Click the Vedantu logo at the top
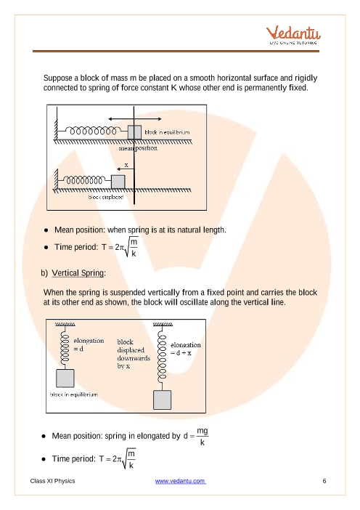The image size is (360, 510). (293, 35)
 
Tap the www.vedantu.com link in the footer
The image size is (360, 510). (180, 481)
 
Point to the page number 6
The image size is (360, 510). (324, 481)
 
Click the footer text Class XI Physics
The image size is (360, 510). (53, 481)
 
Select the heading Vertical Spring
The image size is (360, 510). (78, 272)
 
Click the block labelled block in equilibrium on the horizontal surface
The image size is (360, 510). (134, 132)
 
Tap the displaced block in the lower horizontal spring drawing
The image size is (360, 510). (118, 182)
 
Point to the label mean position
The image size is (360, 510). (138, 148)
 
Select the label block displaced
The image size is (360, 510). (106, 197)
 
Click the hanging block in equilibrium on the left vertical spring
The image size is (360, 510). (65, 378)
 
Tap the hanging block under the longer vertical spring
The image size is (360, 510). (162, 400)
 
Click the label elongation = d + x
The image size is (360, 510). (186, 349)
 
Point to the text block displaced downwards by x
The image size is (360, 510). (134, 354)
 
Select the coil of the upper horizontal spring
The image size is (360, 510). (93, 131)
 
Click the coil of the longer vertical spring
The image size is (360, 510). (161, 357)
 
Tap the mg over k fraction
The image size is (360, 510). (202, 436)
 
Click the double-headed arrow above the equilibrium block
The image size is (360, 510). (135, 119)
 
